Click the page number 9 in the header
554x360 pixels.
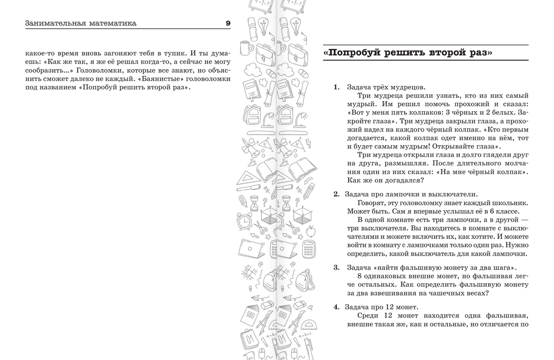tap(228, 23)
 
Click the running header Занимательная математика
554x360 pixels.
tap(81, 23)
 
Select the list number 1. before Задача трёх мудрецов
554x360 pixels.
tap(337, 87)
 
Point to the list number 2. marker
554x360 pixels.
tap(337, 194)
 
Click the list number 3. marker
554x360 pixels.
tap(337, 267)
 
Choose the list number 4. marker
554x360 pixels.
tap(337, 307)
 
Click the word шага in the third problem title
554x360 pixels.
tap(504, 267)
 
